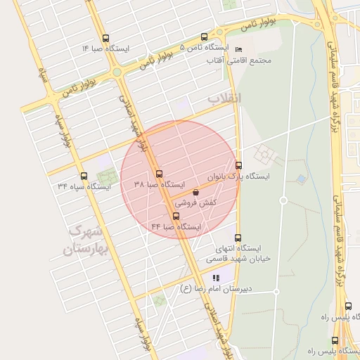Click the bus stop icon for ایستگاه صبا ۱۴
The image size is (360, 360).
[105, 39]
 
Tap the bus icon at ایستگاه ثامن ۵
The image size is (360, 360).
[205, 37]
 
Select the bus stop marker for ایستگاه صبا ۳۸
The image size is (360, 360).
[159, 174]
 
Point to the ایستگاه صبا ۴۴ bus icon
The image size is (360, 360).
[176, 217]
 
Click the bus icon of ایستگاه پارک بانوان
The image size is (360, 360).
[238, 166]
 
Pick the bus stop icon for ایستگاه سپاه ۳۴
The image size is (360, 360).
[84, 176]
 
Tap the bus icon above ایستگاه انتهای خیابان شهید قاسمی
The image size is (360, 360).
[237, 238]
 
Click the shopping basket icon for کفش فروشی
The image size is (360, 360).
[195, 191]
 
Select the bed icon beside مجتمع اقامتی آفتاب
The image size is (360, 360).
[238, 50]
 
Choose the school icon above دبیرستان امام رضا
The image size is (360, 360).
[216, 278]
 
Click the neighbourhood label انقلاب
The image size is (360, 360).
[224, 98]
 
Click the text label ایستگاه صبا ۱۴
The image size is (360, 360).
[105, 49]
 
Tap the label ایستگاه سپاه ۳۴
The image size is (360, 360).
[84, 187]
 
